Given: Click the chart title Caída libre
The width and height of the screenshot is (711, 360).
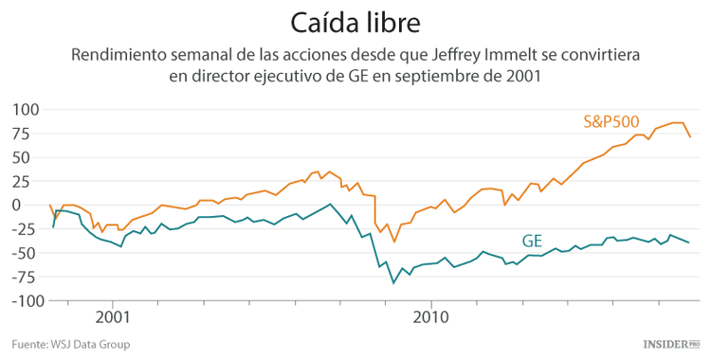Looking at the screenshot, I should click(x=355, y=21).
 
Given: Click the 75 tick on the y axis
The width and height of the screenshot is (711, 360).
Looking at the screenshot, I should click(x=27, y=133).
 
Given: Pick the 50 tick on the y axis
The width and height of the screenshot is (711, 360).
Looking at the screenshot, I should click(x=27, y=157).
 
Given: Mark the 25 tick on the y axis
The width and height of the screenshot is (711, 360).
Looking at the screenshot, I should click(x=27, y=181).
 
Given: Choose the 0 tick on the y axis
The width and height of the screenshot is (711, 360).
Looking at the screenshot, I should click(x=31, y=205).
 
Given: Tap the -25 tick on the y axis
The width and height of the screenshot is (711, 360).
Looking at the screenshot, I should click(x=25, y=229).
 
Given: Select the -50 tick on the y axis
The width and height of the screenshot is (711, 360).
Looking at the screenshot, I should click(x=25, y=253).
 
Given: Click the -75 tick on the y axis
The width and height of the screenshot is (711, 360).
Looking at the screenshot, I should click(x=25, y=277).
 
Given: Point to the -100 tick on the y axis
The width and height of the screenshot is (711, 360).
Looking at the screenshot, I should click(x=21, y=300).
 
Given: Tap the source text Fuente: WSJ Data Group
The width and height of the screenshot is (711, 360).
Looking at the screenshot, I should click(x=71, y=344).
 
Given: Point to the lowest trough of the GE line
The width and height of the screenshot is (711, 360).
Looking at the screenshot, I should click(x=393, y=282).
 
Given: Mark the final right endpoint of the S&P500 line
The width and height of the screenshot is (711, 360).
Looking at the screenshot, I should click(x=689, y=137).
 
